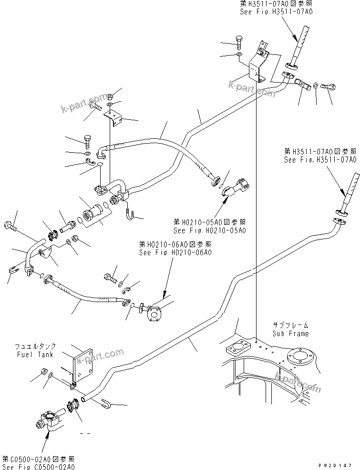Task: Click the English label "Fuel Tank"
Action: click(x=41, y=355)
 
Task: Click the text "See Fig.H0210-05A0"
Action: click(x=210, y=230)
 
